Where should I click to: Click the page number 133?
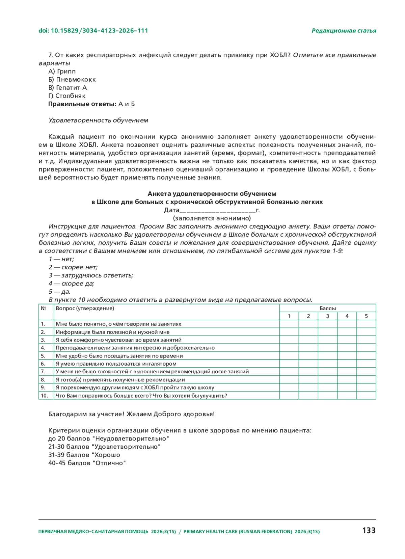tap(369, 531)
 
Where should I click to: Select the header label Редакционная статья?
tap(344, 31)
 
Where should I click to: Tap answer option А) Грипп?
tap(62, 72)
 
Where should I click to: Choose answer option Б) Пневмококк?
tap(72, 80)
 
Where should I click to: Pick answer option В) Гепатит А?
tap(67, 88)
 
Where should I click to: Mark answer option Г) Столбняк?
tap(67, 96)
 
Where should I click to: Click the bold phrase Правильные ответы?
tap(82, 104)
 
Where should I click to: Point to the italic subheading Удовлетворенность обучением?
tap(98, 121)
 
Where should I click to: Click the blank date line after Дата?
tap(218, 211)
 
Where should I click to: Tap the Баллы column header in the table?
tap(327, 308)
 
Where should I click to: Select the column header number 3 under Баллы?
tap(327, 316)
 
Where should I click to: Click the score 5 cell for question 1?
tap(366, 324)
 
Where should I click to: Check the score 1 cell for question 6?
tap(289, 364)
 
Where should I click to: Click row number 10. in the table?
tap(45, 396)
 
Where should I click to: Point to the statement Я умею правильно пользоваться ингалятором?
tap(116, 364)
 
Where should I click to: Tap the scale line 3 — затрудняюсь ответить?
tap(91, 275)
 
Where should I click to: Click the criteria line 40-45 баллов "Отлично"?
tap(87, 463)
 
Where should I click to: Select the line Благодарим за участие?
tap(86, 414)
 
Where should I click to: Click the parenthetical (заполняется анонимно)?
tap(212, 218)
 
